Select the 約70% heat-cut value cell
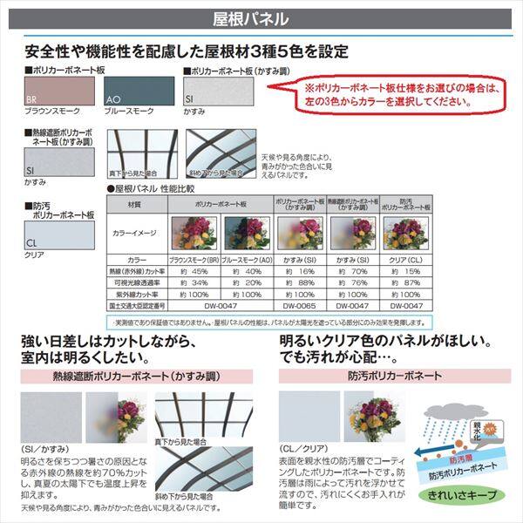coord(352,271)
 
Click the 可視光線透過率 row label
coord(135,283)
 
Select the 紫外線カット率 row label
coord(135,295)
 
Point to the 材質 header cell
coord(135,204)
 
